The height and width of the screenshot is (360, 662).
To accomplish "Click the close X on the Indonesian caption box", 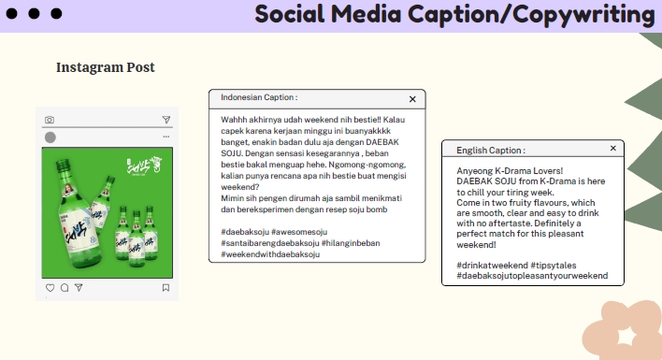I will (x=412, y=98).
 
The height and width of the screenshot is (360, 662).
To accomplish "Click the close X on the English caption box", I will (x=613, y=149).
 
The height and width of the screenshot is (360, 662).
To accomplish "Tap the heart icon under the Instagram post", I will (x=50, y=288).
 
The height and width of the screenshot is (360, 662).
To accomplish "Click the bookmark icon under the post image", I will (x=165, y=288).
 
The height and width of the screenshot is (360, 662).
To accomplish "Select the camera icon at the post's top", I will (x=50, y=120).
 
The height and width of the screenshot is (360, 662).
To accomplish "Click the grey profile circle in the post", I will (x=50, y=137).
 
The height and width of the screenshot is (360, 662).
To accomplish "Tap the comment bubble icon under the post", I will (x=65, y=288).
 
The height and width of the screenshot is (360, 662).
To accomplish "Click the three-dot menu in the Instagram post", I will (x=165, y=137).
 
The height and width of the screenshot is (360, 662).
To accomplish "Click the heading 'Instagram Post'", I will (x=106, y=67).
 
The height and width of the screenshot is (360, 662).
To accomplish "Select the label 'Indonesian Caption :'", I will (x=259, y=97).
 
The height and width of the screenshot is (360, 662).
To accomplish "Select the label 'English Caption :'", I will (x=491, y=150).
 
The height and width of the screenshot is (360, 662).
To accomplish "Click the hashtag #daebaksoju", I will (x=250, y=232).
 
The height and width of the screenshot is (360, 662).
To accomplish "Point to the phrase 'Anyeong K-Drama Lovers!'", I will (x=510, y=171).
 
